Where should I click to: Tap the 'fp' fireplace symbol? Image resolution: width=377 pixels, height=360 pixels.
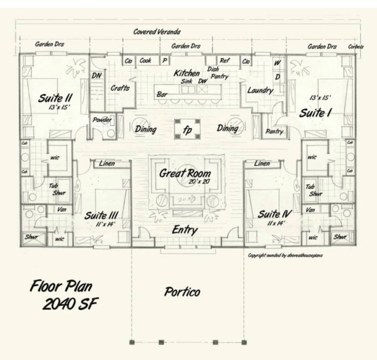pyautogui.click(x=188, y=130)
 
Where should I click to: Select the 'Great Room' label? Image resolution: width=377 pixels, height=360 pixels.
pyautogui.click(x=185, y=173)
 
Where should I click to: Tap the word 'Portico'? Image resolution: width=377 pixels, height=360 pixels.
pyautogui.click(x=182, y=292)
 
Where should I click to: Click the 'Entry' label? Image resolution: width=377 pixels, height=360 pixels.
pyautogui.click(x=185, y=230)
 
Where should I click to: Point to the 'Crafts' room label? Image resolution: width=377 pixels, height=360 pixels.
pyautogui.click(x=120, y=88)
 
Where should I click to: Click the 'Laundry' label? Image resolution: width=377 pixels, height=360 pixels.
pyautogui.click(x=260, y=91)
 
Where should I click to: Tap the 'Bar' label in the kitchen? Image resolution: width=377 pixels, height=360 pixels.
pyautogui.click(x=162, y=94)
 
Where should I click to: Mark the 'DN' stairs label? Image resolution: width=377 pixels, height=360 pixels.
pyautogui.click(x=97, y=76)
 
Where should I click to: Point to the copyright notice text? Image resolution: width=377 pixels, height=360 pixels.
pyautogui.click(x=285, y=255)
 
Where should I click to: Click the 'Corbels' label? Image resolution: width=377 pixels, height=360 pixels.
pyautogui.click(x=356, y=47)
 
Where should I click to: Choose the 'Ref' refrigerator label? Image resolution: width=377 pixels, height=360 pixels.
pyautogui.click(x=225, y=61)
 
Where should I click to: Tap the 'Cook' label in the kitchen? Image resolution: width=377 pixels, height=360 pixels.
pyautogui.click(x=145, y=61)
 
